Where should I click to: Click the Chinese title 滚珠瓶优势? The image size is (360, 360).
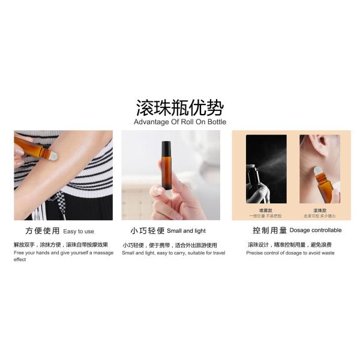point(179,108)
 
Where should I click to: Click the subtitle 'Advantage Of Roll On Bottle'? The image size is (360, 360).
point(179,122)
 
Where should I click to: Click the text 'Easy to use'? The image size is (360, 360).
point(79,231)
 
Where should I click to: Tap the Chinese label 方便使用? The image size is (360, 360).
point(43,231)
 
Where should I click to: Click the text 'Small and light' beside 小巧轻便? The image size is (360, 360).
point(186,230)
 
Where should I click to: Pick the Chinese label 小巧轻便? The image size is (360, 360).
point(147,231)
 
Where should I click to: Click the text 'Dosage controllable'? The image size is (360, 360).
point(316,230)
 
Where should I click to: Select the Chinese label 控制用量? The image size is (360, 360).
point(268,231)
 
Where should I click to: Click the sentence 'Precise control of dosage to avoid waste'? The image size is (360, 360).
point(290,253)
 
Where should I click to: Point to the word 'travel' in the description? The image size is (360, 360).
point(216,253)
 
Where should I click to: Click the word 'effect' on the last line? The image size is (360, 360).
point(20,260)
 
